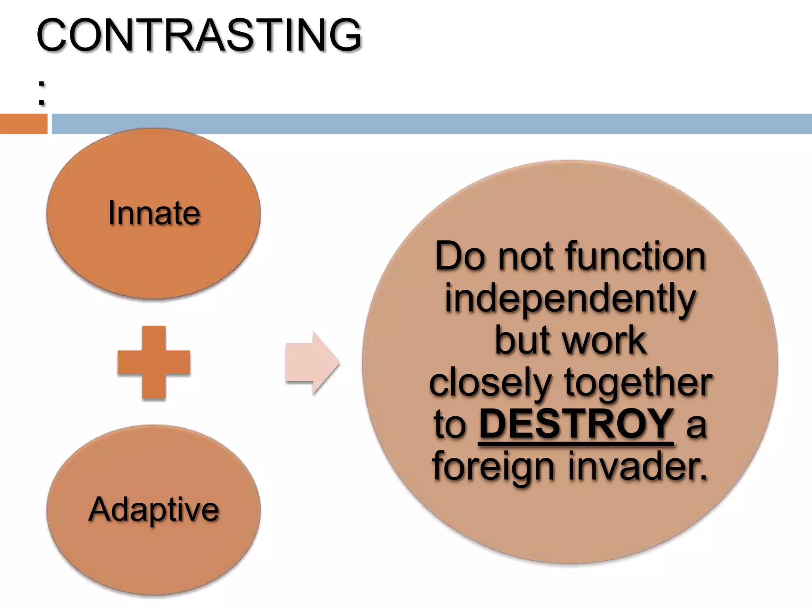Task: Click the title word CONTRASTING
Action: [199, 35]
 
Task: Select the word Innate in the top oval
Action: [154, 213]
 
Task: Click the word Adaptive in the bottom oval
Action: [153, 510]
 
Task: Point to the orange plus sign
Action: [154, 362]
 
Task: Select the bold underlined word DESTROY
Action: [576, 424]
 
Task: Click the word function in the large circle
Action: [636, 257]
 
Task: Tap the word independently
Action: [570, 299]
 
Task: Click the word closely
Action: [490, 383]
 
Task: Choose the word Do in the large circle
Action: [460, 257]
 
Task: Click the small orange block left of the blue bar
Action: [23, 124]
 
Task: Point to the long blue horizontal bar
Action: [432, 124]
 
